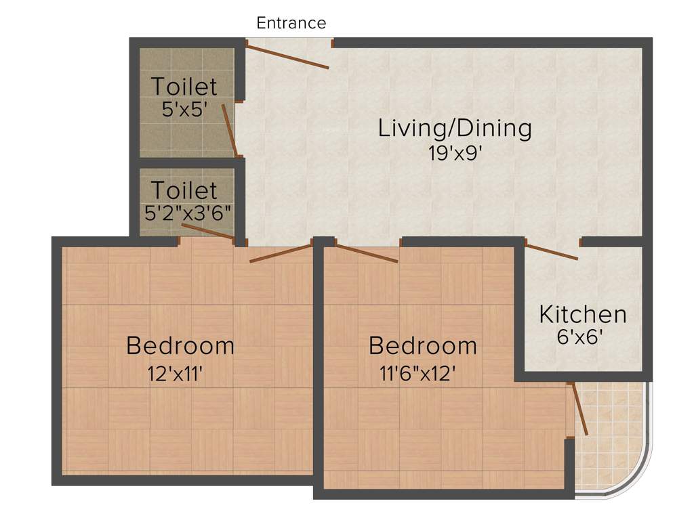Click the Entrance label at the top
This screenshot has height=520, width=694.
point(291,23)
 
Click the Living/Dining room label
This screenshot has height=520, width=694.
point(454,127)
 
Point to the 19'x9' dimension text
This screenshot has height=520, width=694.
point(454,152)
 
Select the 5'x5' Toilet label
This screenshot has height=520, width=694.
point(184,87)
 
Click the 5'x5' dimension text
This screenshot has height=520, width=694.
point(184,110)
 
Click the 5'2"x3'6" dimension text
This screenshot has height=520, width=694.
point(188,213)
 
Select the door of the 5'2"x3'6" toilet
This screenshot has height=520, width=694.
point(208,231)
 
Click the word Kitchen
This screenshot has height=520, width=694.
point(583,314)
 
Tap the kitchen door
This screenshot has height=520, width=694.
point(552,253)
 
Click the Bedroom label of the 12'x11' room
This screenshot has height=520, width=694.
point(180,345)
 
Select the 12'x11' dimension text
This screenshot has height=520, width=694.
point(176,373)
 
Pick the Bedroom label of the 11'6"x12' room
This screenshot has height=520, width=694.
point(422,345)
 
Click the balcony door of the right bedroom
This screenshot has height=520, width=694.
point(580,409)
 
